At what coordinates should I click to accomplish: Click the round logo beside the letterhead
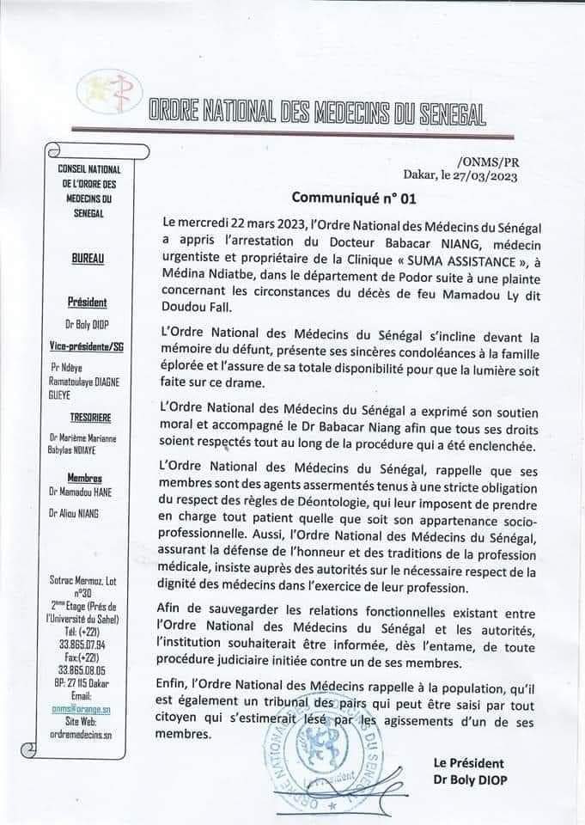[x=110, y=96]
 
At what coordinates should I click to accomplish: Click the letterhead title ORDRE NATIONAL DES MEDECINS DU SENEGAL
[x=318, y=112]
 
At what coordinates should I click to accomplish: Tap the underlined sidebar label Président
[x=87, y=302]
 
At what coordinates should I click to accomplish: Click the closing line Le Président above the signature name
[x=470, y=763]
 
